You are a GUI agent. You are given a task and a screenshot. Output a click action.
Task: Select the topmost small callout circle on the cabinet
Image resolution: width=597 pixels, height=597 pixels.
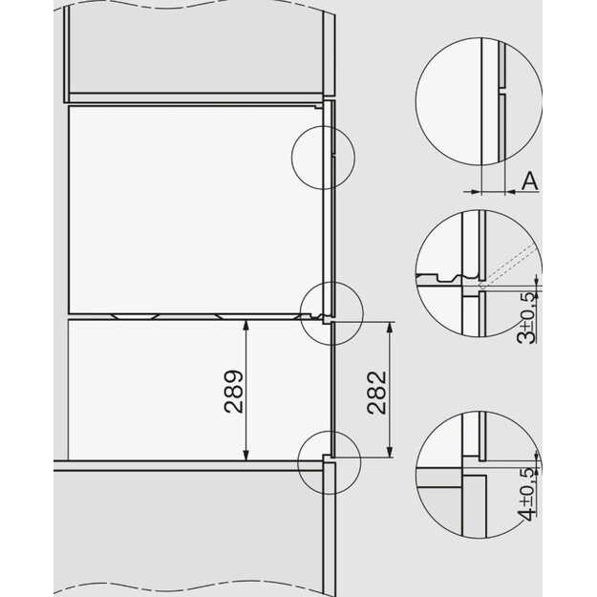pos(323,155)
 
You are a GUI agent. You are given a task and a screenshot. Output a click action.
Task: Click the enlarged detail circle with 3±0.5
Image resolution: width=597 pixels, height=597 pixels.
pos(479,278)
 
